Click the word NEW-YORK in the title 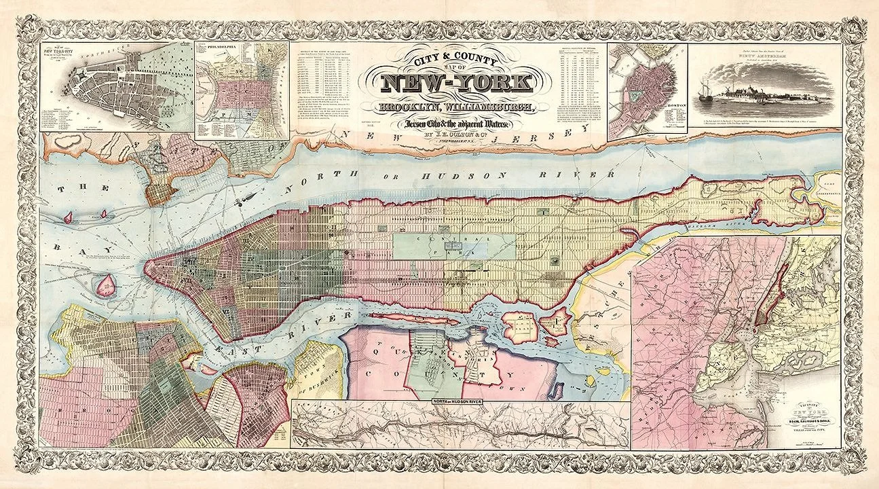coord(455,84)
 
